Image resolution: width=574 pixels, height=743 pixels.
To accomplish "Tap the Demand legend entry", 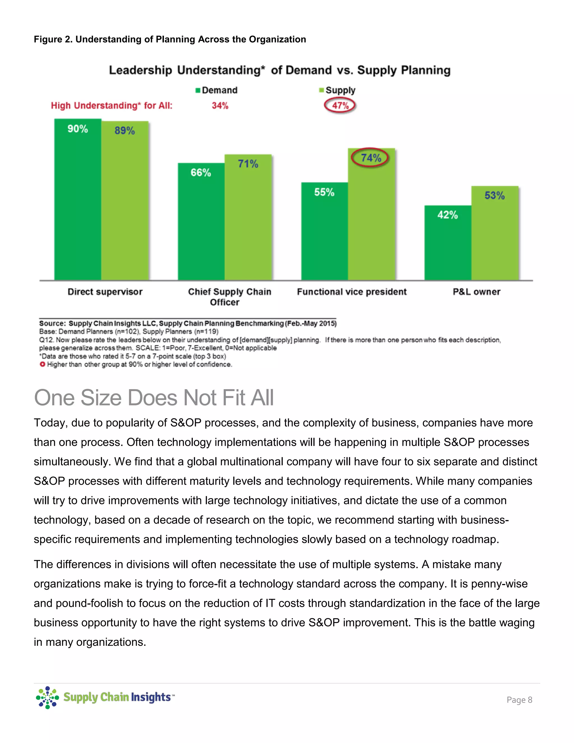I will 216,90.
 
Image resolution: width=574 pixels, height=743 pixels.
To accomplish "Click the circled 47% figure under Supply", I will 340,105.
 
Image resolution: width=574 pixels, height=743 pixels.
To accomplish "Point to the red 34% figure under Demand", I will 220,106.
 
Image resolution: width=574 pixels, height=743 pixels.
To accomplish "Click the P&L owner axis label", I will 476,292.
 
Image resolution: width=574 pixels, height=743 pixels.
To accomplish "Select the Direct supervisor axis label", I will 105,292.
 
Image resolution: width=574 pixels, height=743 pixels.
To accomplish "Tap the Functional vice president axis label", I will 352,292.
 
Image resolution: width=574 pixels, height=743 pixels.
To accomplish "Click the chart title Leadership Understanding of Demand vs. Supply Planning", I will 279,70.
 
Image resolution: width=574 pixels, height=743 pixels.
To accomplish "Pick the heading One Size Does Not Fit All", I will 154,397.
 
